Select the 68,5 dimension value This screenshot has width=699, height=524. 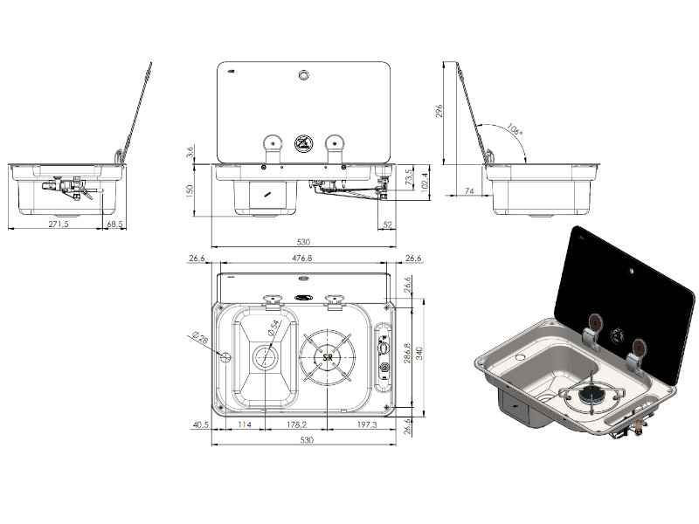pyautogui.click(x=114, y=224)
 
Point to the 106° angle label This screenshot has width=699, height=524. pyautogui.click(x=515, y=132)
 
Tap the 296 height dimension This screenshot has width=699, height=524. pyautogui.click(x=439, y=111)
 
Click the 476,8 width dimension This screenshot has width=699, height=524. pyautogui.click(x=301, y=259)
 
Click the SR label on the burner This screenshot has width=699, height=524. pyautogui.click(x=329, y=356)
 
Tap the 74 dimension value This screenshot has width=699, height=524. pyautogui.click(x=470, y=190)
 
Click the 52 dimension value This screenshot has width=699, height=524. pyautogui.click(x=387, y=224)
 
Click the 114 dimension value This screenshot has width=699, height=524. pyautogui.click(x=246, y=424)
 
